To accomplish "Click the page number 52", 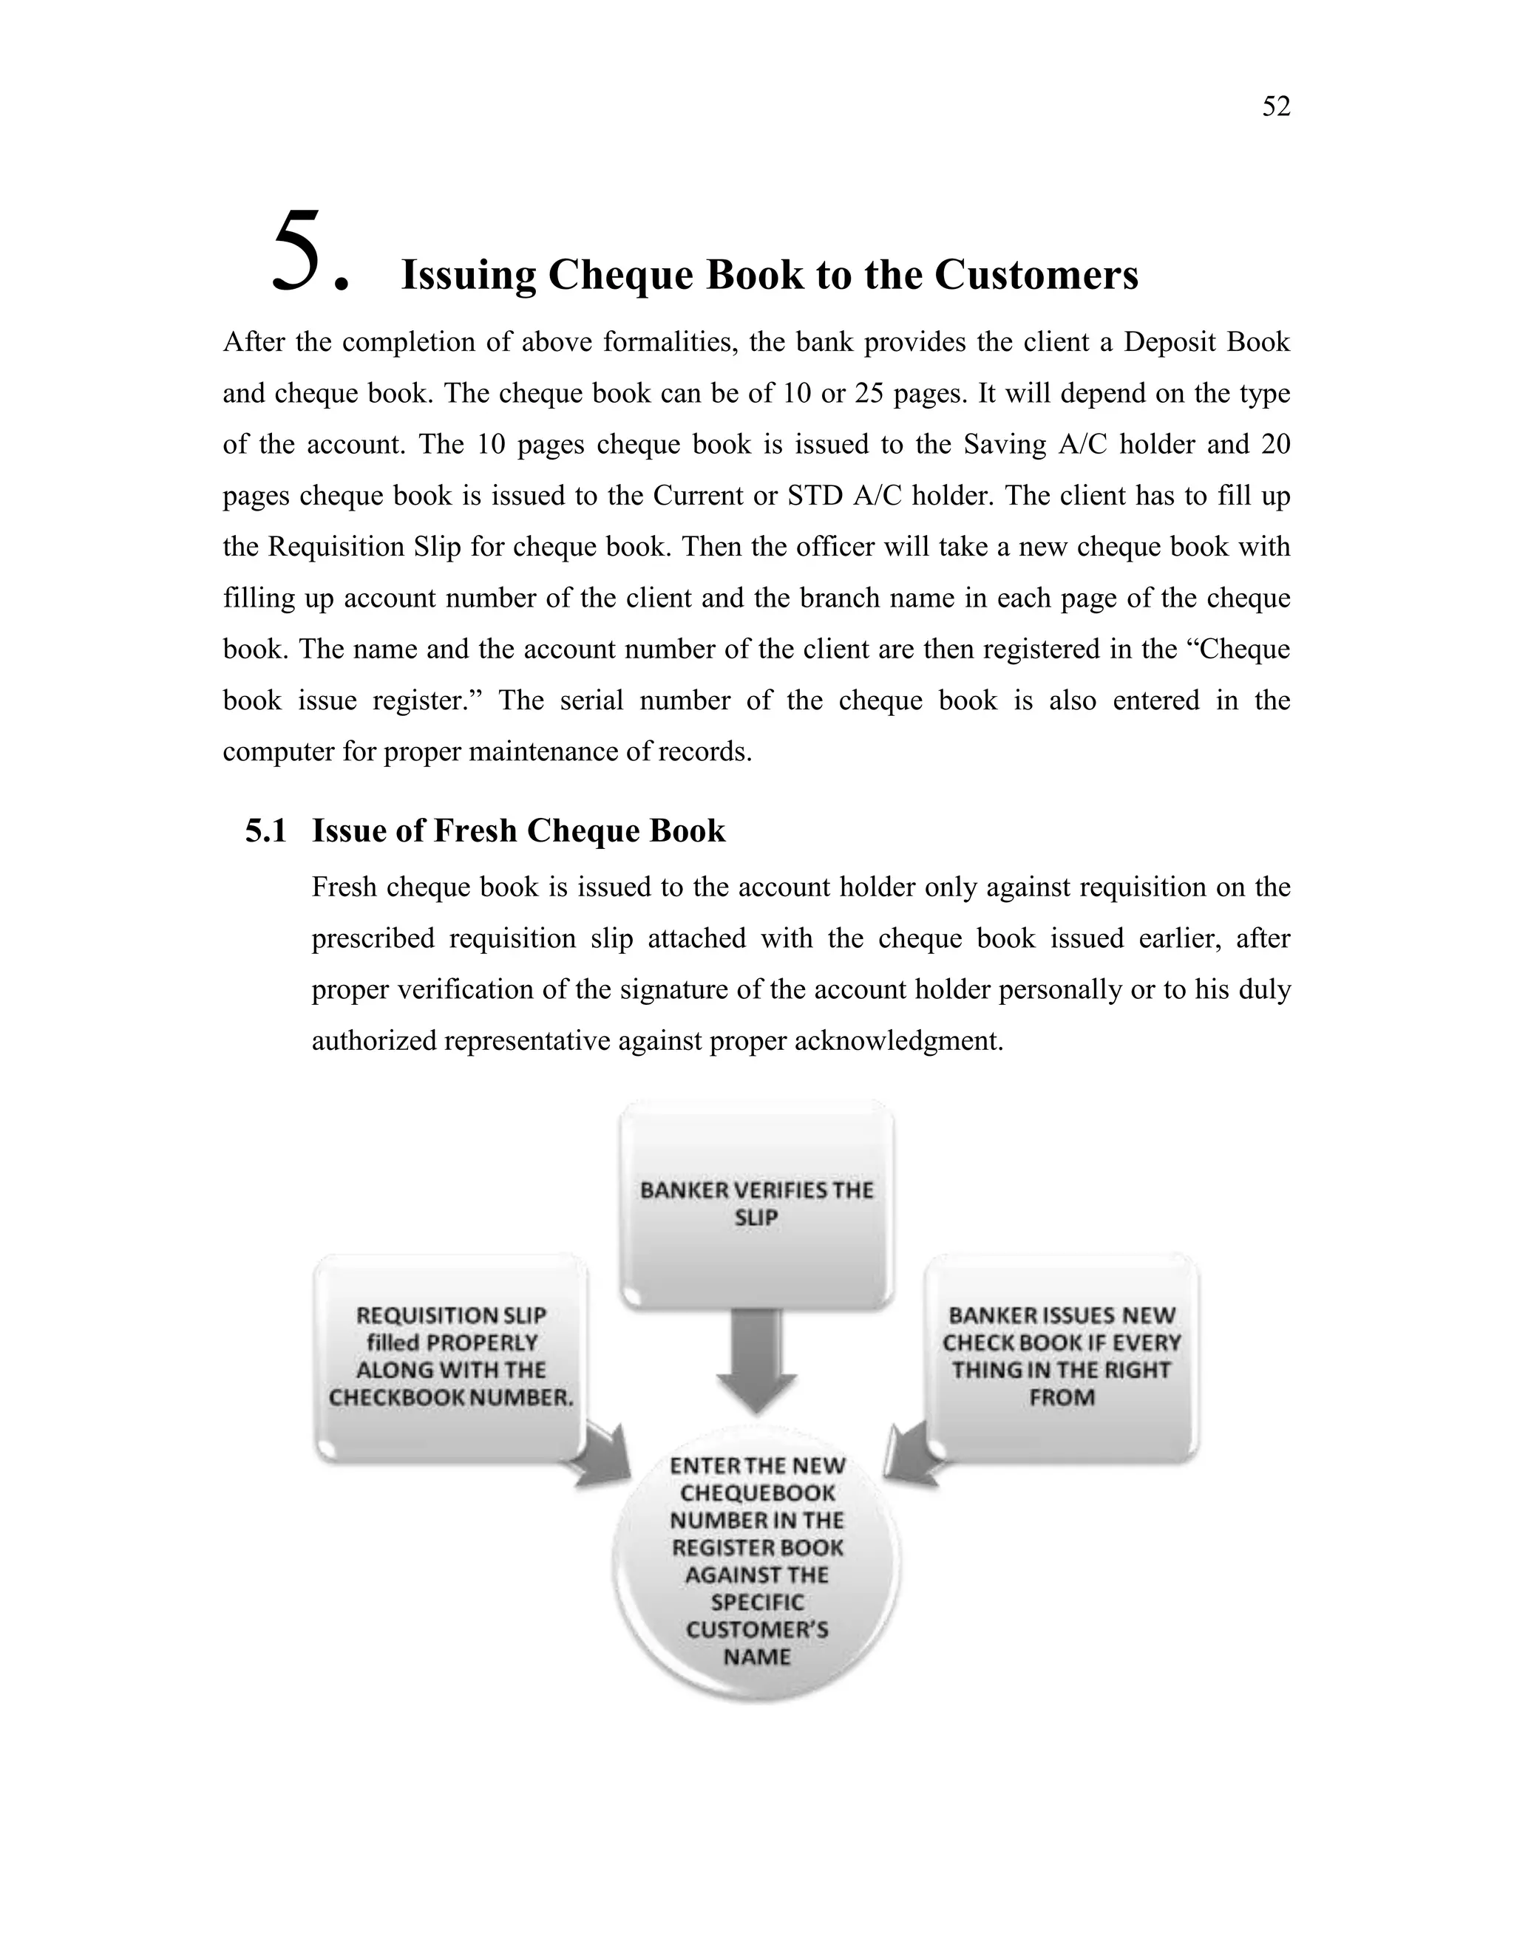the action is coord(1275,106).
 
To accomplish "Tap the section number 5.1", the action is coord(265,831).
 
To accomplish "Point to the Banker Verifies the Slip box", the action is coord(756,1204).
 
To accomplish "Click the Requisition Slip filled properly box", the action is coord(450,1357).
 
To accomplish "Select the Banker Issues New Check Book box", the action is coord(1062,1357).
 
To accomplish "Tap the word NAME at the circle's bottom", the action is coord(757,1657).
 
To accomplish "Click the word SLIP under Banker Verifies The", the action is coord(756,1218).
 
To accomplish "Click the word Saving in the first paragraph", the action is coord(1005,445).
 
